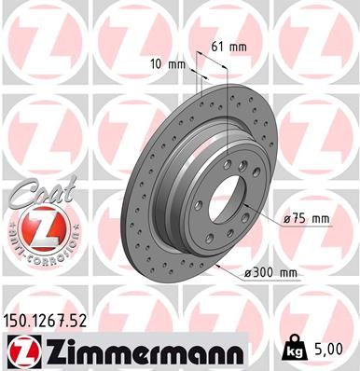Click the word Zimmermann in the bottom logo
coord(140,352)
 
